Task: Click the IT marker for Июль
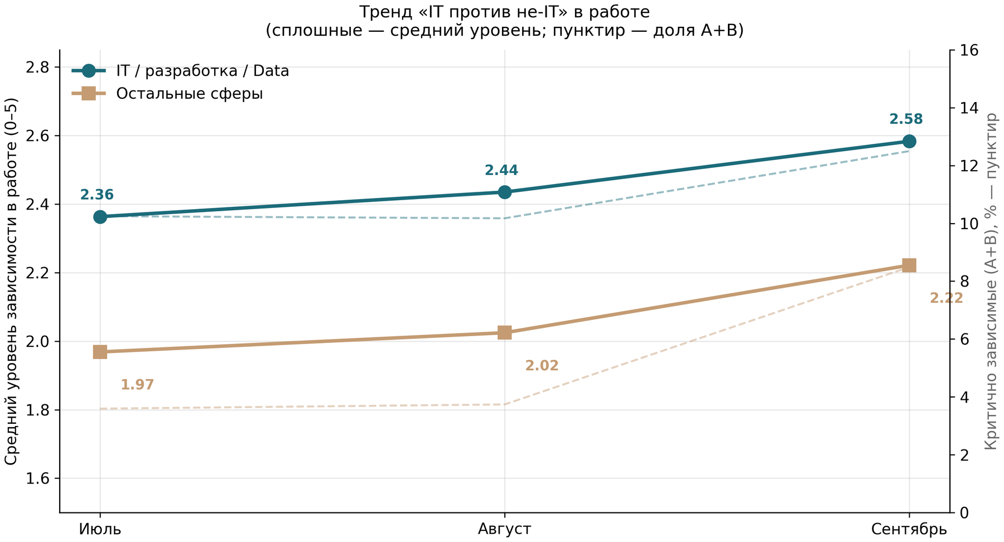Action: coord(100,217)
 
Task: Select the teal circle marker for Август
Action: coord(505,192)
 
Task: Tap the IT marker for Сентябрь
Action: coord(909,141)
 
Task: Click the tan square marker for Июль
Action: coord(100,352)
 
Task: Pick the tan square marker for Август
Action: coord(505,333)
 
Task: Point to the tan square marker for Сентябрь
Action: coord(909,265)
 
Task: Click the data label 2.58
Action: coord(906,119)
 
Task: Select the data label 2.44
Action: coord(501,170)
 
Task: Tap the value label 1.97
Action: coord(137,385)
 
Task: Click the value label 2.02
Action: coord(542,366)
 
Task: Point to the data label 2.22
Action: coord(946,298)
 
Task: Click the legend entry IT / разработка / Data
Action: coord(202,71)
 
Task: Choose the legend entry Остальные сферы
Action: coord(190,94)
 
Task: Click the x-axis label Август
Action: coord(505,529)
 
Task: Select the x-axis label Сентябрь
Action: coord(909,529)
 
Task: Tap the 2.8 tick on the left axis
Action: coord(37,67)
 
